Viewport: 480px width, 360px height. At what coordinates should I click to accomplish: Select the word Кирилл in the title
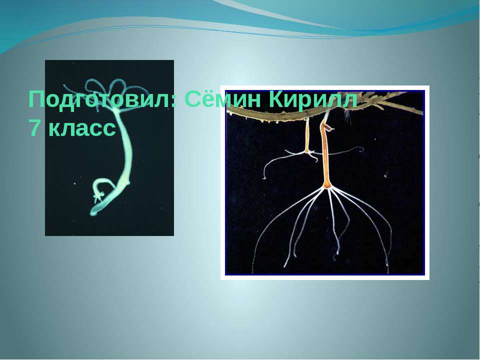click(x=312, y=100)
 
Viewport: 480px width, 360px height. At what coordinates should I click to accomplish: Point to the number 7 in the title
click(x=34, y=128)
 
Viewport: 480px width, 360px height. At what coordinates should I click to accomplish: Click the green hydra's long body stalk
click(x=125, y=147)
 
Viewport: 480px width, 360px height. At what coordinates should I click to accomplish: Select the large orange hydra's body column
click(x=325, y=153)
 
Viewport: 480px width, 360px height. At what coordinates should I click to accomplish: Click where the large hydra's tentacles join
click(x=326, y=186)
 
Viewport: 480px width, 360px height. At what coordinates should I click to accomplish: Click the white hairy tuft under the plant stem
click(x=347, y=115)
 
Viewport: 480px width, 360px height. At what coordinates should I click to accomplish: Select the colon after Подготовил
click(x=173, y=101)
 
